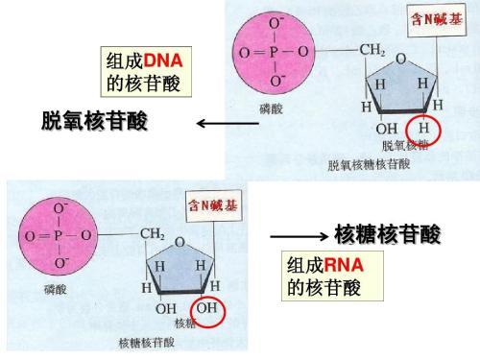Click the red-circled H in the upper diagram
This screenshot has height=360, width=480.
pyautogui.click(x=424, y=129)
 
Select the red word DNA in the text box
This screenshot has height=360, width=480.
pyautogui.click(x=163, y=61)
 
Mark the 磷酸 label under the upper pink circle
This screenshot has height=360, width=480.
pyautogui.click(x=271, y=109)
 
